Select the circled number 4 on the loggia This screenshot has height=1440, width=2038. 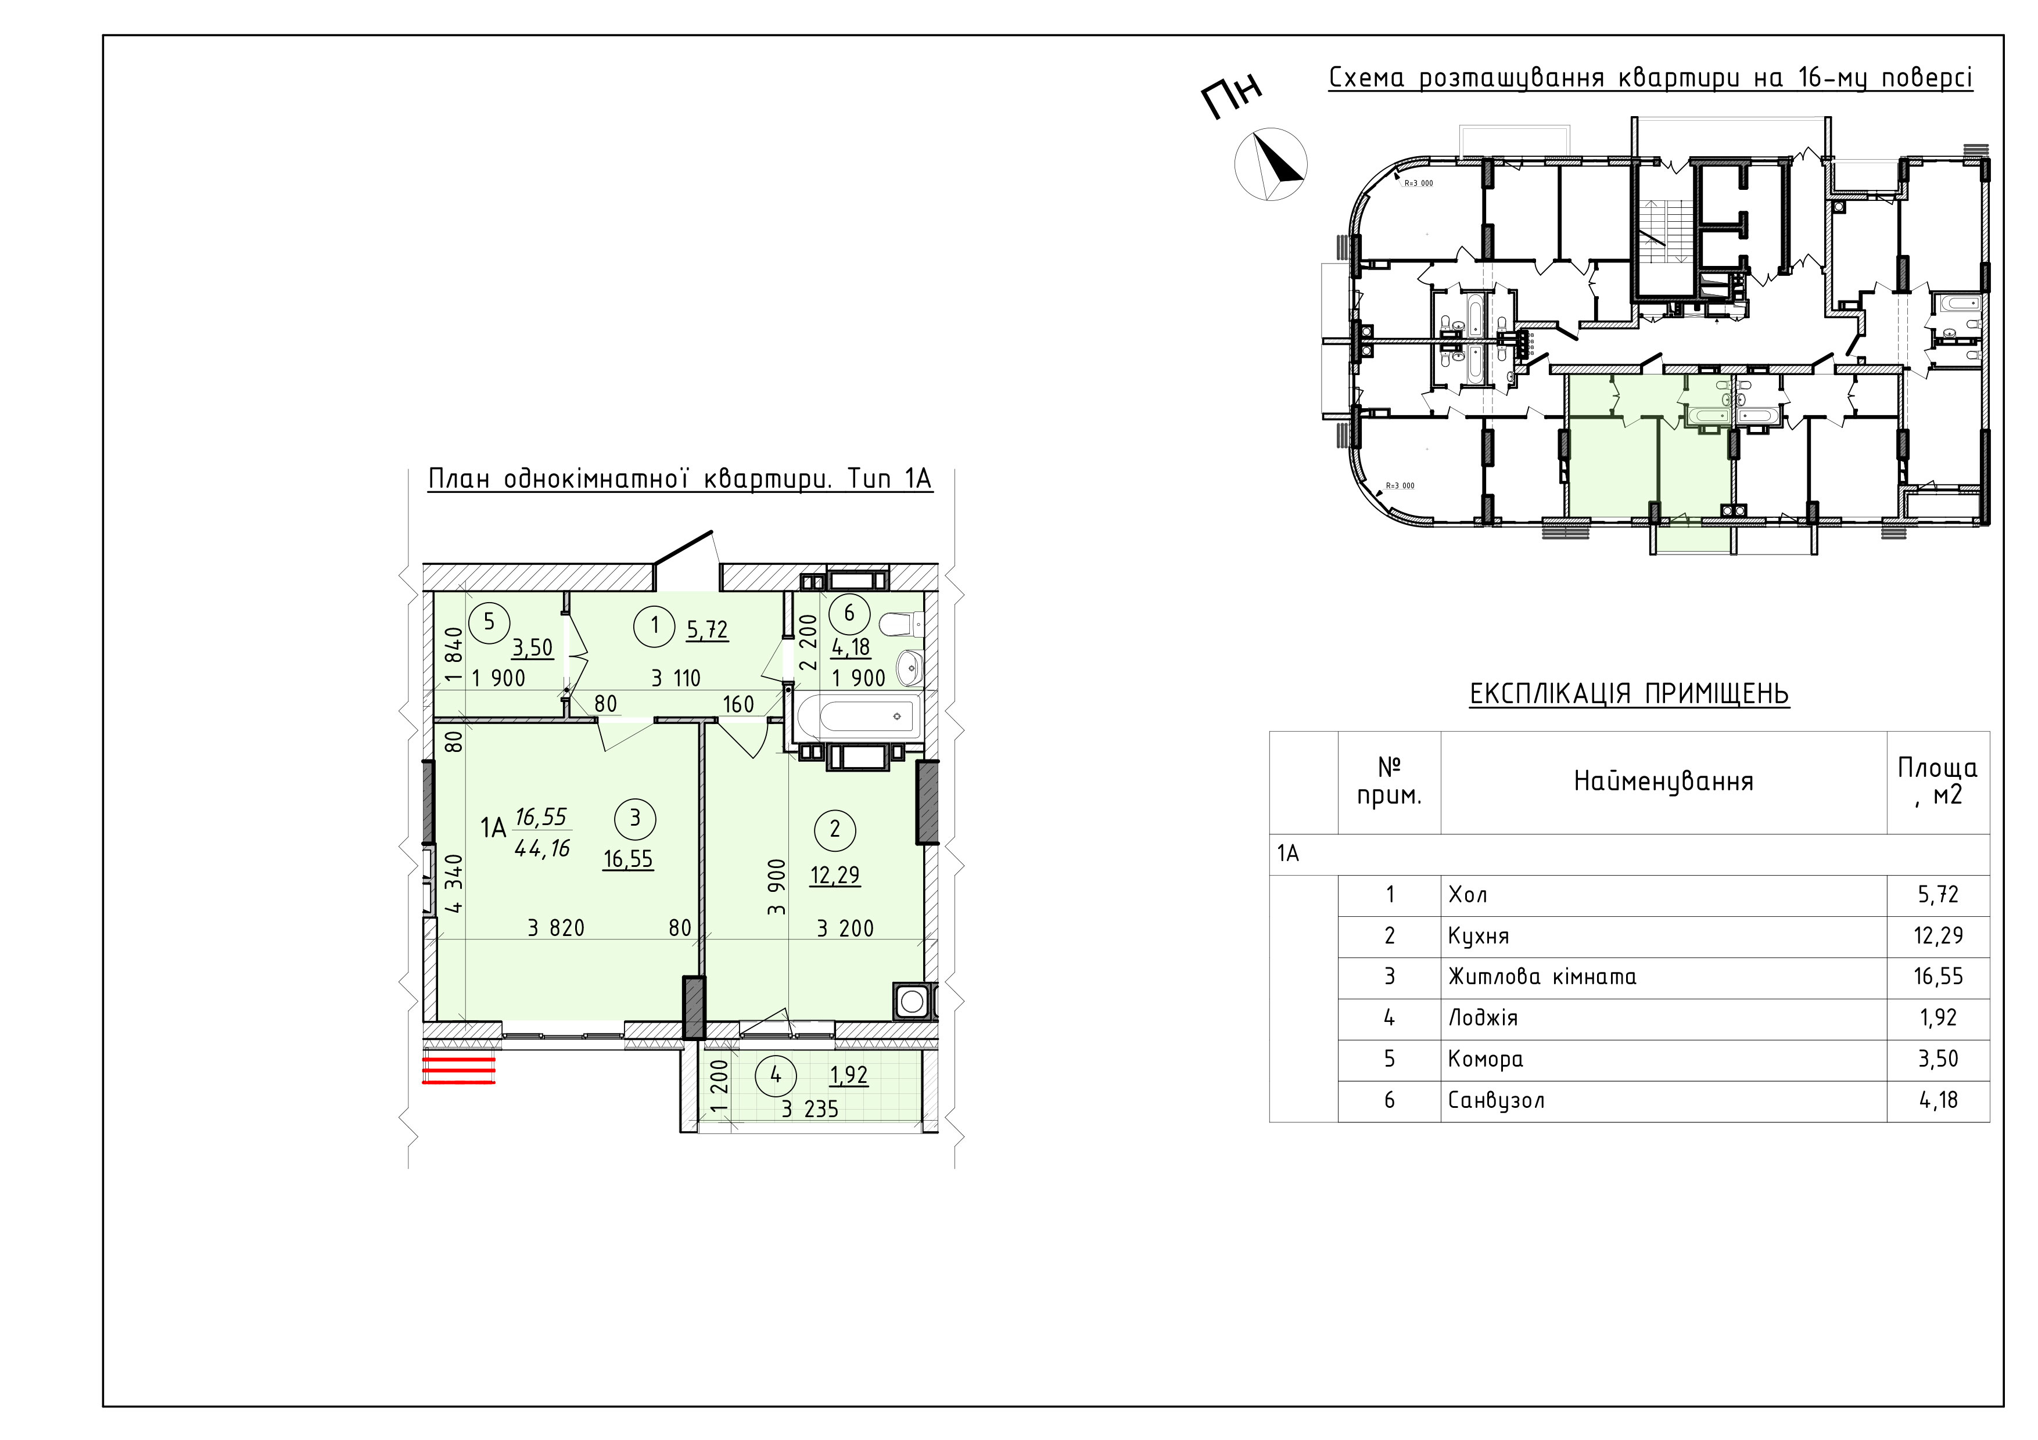(x=776, y=1074)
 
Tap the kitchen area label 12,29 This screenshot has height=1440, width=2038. (x=834, y=875)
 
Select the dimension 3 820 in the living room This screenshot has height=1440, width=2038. (x=555, y=928)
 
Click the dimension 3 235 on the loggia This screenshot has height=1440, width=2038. (x=809, y=1108)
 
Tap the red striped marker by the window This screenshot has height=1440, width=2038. (x=458, y=1070)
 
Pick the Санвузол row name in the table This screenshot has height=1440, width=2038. (x=1495, y=1101)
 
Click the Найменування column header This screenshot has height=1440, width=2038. (x=1663, y=782)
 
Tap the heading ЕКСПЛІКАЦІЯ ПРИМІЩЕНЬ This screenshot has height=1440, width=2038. (x=1629, y=694)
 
